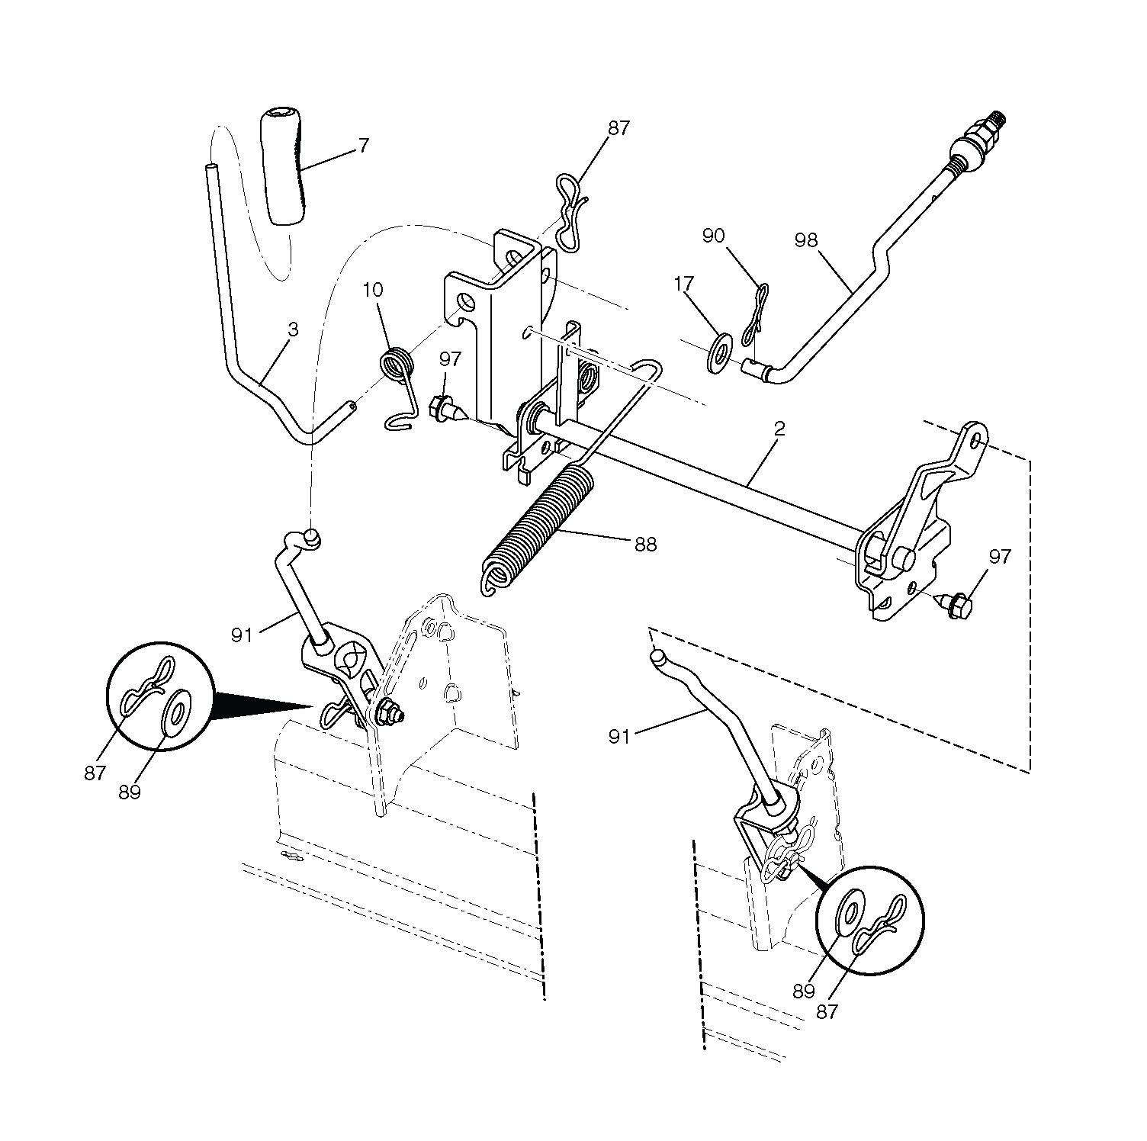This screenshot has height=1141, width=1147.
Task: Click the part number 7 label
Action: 363,145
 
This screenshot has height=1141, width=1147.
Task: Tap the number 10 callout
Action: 374,291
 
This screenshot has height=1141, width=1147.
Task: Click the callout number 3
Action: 293,329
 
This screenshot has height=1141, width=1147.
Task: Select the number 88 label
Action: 645,545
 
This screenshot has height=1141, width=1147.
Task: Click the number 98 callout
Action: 805,240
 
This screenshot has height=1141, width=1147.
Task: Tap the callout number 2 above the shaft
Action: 779,429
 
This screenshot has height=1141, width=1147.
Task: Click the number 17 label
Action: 684,284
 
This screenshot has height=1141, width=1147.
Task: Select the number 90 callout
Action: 713,236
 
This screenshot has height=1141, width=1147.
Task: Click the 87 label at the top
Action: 618,128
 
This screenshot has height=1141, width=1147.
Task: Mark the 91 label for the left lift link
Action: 242,635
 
